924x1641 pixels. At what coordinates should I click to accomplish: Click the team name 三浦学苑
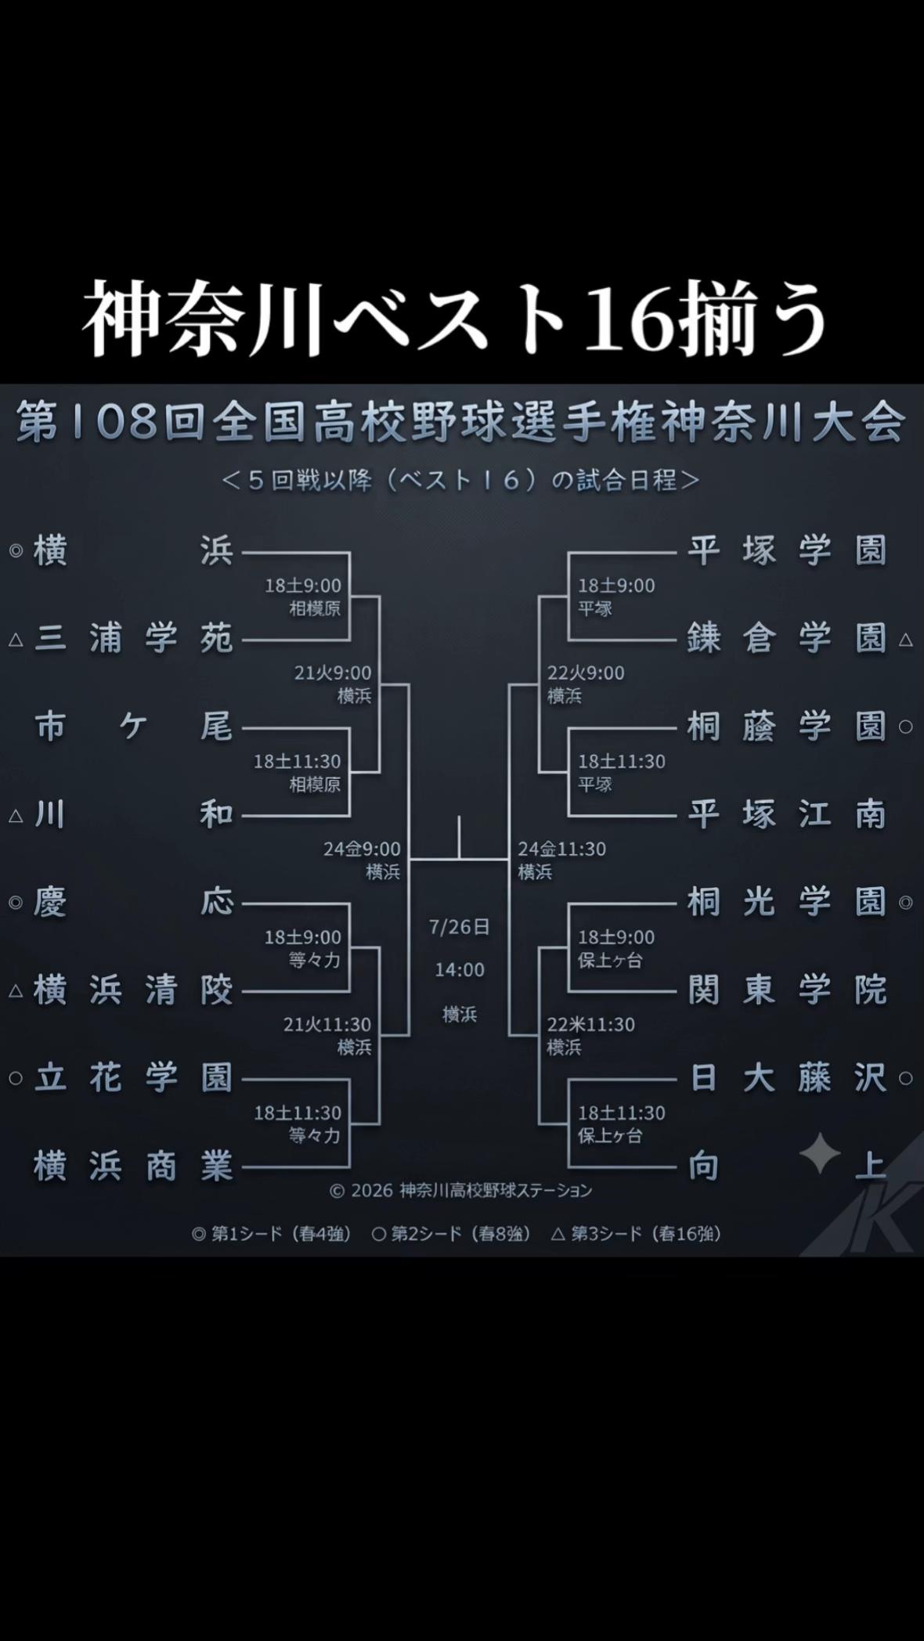tap(134, 639)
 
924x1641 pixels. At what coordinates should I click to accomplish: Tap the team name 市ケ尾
tap(134, 727)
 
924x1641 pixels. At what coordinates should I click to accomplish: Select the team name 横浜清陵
tap(134, 990)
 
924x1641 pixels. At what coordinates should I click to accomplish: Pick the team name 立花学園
tap(134, 1078)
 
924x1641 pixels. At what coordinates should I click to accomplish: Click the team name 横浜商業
tap(134, 1167)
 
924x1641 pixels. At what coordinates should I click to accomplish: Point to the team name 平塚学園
tap(787, 550)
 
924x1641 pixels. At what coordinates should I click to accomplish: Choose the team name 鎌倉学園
tap(787, 639)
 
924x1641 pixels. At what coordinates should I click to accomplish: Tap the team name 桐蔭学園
tap(787, 727)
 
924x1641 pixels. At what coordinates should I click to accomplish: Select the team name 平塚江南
tap(787, 815)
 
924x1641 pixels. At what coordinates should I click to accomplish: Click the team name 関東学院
tap(787, 990)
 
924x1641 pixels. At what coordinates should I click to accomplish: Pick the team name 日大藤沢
tap(787, 1078)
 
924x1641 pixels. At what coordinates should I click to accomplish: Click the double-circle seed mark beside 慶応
tap(16, 903)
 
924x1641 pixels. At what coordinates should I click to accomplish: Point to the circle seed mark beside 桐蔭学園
tap(906, 727)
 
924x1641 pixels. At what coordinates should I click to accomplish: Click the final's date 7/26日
tap(460, 927)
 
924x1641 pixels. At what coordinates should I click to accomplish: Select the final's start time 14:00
tap(460, 970)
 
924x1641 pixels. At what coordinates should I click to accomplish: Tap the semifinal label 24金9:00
tap(363, 849)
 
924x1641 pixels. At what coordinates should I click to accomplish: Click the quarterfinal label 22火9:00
tap(586, 673)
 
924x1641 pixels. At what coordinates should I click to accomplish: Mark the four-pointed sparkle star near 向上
tap(820, 1154)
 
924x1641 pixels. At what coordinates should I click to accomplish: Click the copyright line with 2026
tap(461, 1191)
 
